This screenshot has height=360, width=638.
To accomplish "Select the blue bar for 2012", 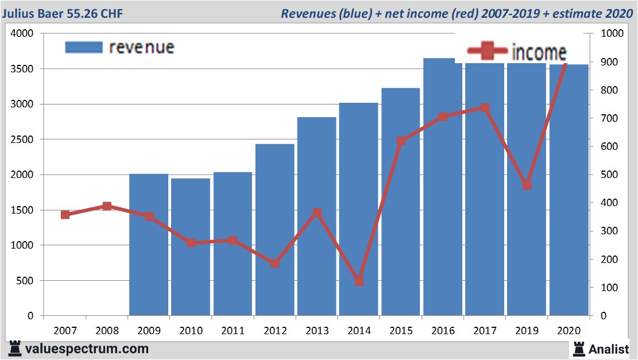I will click(x=275, y=230).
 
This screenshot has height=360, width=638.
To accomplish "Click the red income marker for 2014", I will click(x=359, y=281).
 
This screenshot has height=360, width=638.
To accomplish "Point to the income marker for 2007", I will click(x=65, y=215).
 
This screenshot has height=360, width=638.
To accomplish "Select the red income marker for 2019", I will click(x=527, y=185).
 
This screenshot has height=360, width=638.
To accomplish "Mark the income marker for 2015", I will click(x=401, y=141).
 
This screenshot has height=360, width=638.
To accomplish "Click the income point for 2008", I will click(x=107, y=206).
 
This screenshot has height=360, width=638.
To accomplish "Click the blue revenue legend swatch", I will click(x=84, y=47).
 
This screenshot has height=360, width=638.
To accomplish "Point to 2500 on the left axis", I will click(x=22, y=140).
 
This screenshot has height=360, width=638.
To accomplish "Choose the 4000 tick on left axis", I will click(x=22, y=34).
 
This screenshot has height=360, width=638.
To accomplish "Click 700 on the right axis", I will click(x=608, y=118).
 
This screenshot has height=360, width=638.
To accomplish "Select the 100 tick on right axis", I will click(x=608, y=288).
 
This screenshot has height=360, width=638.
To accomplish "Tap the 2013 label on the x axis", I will click(x=317, y=331).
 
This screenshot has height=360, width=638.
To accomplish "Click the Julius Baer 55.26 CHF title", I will click(x=62, y=13).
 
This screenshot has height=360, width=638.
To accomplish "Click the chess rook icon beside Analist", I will click(x=579, y=349).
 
